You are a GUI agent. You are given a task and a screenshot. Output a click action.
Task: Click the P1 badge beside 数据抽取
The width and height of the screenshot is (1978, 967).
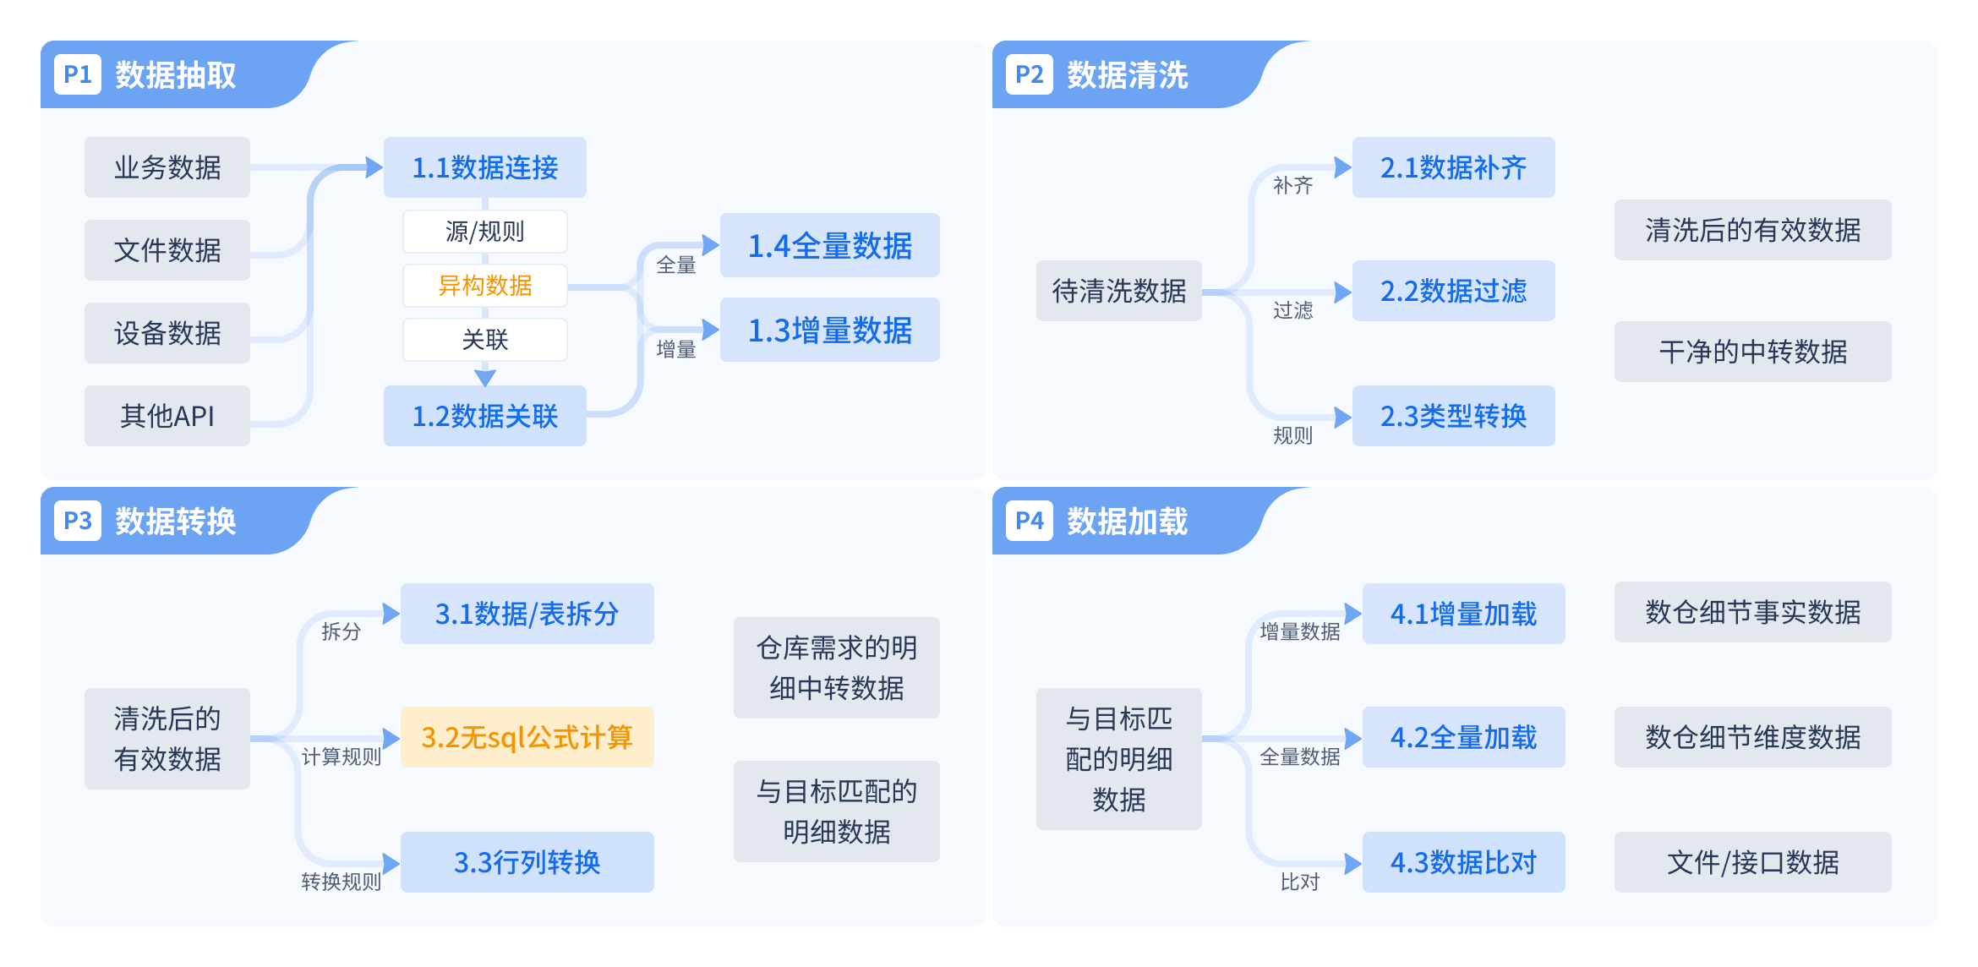[x=78, y=74]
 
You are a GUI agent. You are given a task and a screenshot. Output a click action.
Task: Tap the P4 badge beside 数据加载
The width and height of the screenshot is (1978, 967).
[x=1029, y=521]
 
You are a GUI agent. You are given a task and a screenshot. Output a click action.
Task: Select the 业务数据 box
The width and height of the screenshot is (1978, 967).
[x=167, y=167]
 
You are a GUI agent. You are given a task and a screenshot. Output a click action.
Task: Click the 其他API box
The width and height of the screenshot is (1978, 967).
[x=167, y=416]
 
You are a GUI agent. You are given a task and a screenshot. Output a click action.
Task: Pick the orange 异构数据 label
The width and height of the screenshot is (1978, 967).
[x=485, y=286]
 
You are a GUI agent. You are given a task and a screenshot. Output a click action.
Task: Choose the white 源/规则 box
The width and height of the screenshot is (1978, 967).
[x=485, y=232]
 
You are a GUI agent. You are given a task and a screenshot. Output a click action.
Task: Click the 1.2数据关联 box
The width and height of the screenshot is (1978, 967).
[x=485, y=416]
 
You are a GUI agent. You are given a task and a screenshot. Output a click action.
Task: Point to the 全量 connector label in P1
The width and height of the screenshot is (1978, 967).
[x=675, y=265]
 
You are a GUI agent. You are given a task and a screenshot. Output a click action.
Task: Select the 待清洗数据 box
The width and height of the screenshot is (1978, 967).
[x=1118, y=291]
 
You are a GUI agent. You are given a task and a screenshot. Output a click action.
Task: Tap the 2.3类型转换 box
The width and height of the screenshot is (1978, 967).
[x=1453, y=416]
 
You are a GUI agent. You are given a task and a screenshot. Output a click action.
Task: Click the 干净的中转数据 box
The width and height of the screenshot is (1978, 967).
[x=1752, y=352]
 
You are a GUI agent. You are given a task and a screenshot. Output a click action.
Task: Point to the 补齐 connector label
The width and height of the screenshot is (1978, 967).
[x=1292, y=185]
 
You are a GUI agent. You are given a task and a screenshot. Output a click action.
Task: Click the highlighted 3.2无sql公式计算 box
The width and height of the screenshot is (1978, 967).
[x=527, y=737]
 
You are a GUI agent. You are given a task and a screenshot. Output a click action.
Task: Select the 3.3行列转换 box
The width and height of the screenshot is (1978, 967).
[x=527, y=862]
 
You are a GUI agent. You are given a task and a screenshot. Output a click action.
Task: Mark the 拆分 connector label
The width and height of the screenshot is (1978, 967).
[x=341, y=631]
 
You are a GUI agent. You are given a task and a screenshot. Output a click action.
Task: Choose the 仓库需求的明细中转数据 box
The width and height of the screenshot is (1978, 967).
[x=836, y=668]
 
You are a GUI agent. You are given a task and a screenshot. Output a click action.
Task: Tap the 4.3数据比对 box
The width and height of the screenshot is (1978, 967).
[x=1463, y=862]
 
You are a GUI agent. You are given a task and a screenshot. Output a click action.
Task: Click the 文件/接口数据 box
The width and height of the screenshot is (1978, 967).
[x=1752, y=862]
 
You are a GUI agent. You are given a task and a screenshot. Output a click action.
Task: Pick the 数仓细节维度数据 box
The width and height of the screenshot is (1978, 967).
[x=1752, y=737]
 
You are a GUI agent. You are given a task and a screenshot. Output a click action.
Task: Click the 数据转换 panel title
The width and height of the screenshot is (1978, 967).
[x=175, y=522]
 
